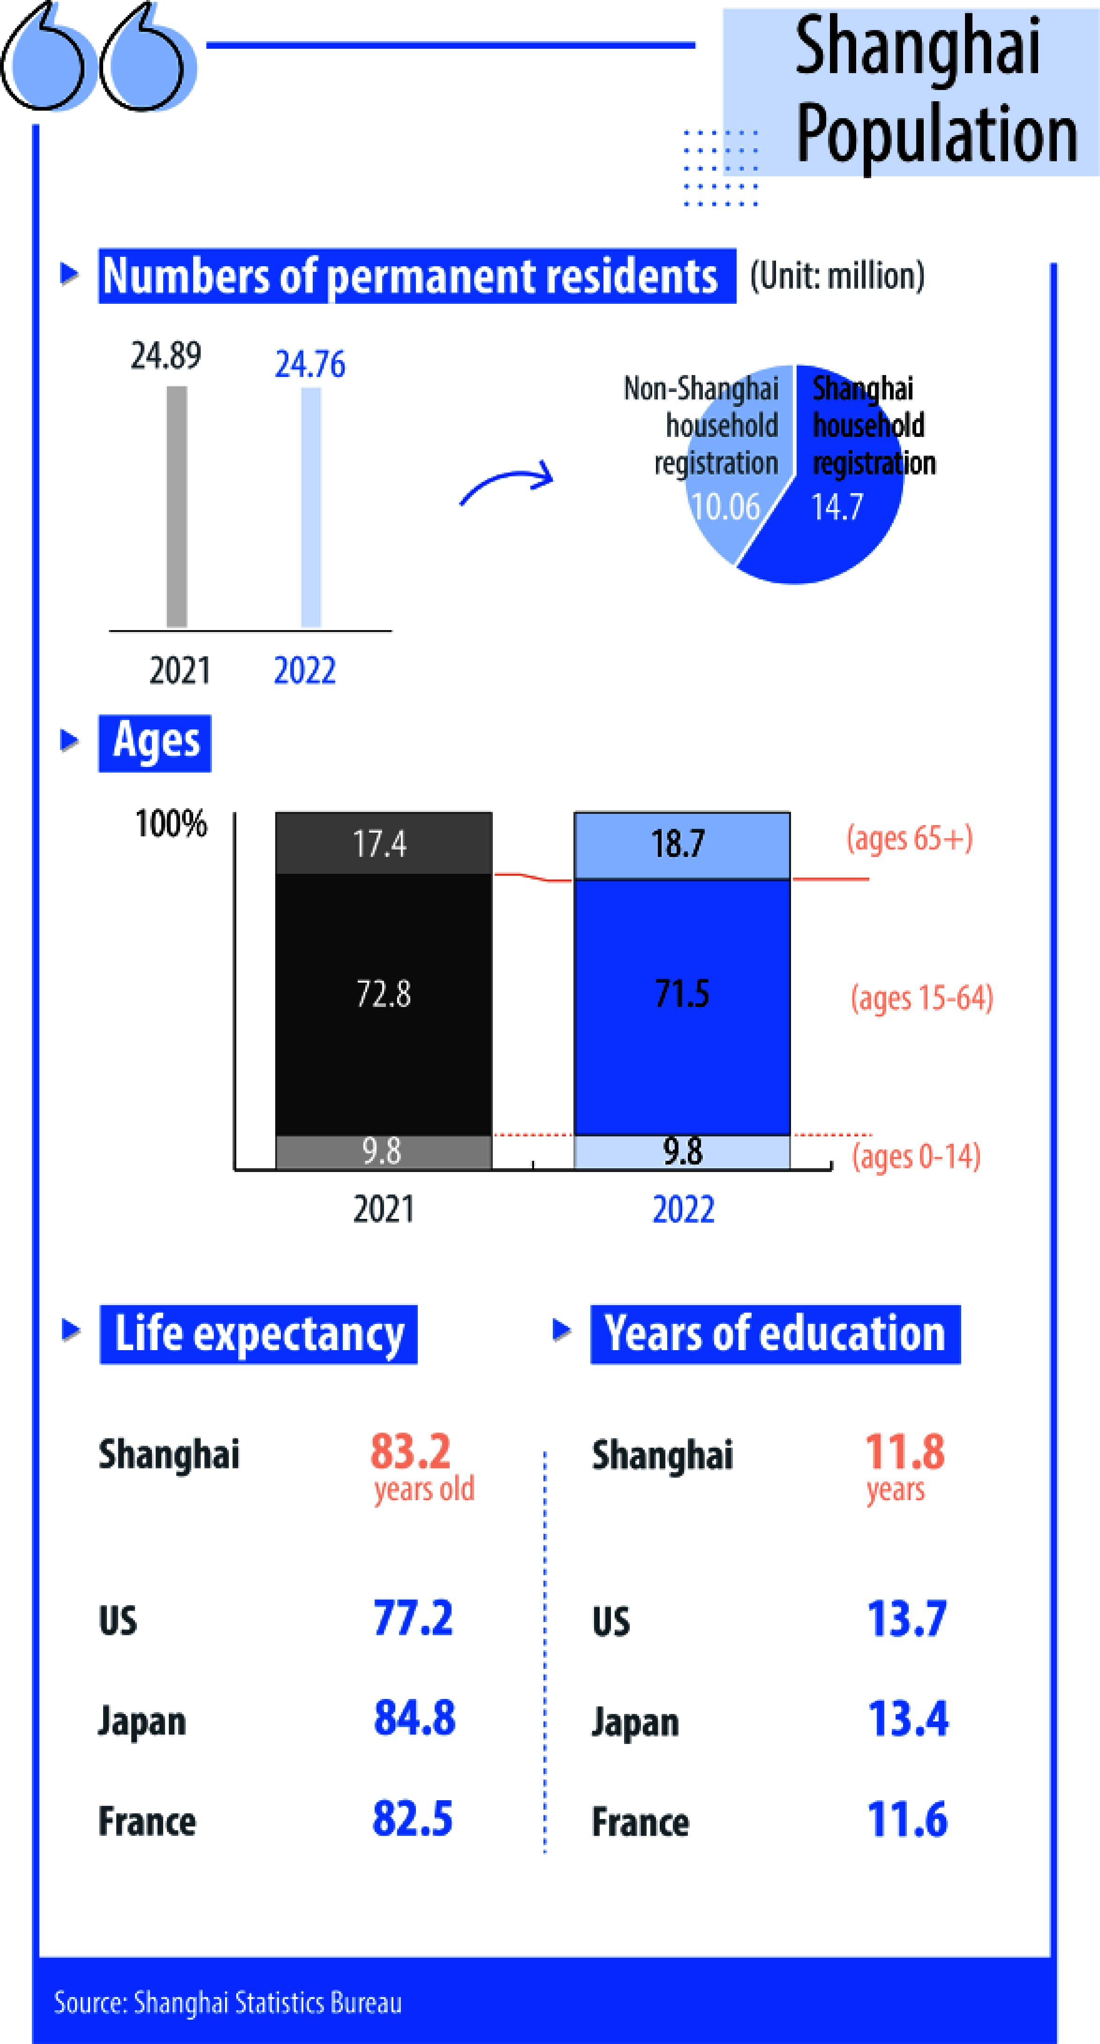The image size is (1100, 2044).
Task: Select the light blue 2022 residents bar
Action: coord(311,507)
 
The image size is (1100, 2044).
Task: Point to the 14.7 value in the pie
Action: coord(836,506)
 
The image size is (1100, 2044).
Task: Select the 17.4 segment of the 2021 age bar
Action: coord(384,842)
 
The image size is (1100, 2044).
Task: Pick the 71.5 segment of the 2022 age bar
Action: coord(682,1007)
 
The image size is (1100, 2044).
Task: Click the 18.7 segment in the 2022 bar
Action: coord(682,845)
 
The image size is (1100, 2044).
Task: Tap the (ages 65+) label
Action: coord(910,838)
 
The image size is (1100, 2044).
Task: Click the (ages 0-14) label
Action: coord(916,1156)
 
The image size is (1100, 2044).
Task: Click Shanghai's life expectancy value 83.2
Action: coord(410,1451)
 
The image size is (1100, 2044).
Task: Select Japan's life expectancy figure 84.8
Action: coord(414,1718)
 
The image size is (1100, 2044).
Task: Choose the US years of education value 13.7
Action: coord(906,1618)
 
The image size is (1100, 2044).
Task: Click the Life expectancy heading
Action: coord(259,1335)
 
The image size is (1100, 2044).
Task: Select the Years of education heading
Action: coord(776,1335)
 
